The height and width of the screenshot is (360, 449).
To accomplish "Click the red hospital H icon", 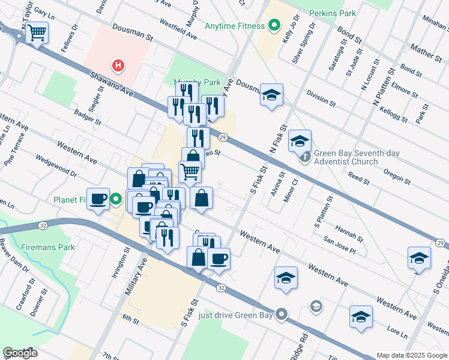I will (119, 65).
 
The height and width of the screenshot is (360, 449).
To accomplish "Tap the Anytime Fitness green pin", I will (274, 26).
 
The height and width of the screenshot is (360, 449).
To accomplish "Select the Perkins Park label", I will (332, 13).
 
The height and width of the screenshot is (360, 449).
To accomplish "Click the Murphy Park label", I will (197, 82).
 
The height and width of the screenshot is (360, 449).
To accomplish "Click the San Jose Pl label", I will (339, 246).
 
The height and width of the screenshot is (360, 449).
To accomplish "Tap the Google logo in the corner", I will (20, 353).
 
